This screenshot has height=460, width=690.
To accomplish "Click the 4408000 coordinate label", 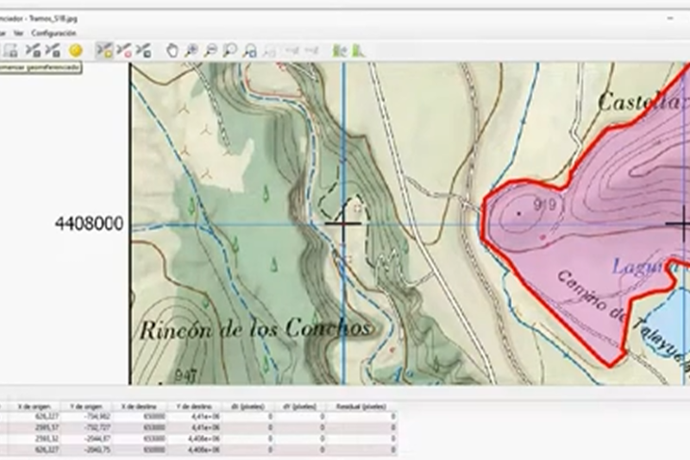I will (x=89, y=224).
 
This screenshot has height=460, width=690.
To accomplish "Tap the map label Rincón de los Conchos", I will (x=255, y=329).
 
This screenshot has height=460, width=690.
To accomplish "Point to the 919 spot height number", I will (x=543, y=205).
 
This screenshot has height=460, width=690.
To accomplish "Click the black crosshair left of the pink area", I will (x=343, y=224).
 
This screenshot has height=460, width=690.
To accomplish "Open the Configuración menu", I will (x=54, y=33).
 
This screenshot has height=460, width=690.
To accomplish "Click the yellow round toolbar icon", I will (x=75, y=51).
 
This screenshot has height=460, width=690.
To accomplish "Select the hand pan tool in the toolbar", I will (x=172, y=51).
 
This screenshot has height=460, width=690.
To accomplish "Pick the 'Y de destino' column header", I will (x=194, y=406).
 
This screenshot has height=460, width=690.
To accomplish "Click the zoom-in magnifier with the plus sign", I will (x=191, y=51).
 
